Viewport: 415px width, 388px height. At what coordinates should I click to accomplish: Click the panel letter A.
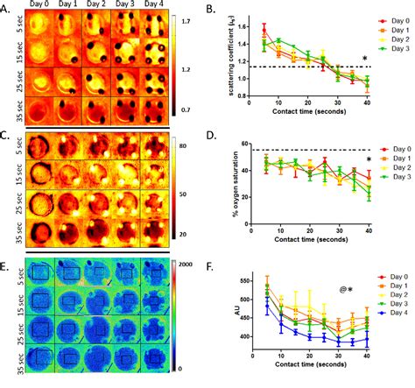7,7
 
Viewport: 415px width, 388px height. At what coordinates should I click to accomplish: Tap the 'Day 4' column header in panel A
154,5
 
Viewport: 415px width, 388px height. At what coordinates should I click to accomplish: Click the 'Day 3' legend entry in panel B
390,50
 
